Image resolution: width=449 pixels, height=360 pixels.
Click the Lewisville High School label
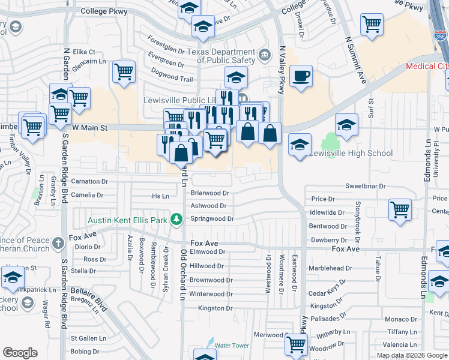[x=351, y=153]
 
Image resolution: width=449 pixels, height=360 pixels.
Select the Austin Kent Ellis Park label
[x=127, y=220]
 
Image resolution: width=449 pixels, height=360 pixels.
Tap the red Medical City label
[x=427, y=66]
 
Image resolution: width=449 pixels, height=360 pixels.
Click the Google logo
[x=20, y=353]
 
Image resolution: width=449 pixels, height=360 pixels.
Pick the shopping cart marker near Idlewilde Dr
[x=400, y=211]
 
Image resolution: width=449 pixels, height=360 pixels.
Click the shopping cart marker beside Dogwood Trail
[x=124, y=73]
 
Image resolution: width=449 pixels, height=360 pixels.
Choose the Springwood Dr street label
[x=212, y=219]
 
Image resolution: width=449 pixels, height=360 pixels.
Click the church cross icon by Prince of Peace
[x=58, y=243]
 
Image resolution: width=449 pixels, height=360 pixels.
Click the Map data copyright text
[x=412, y=355]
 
